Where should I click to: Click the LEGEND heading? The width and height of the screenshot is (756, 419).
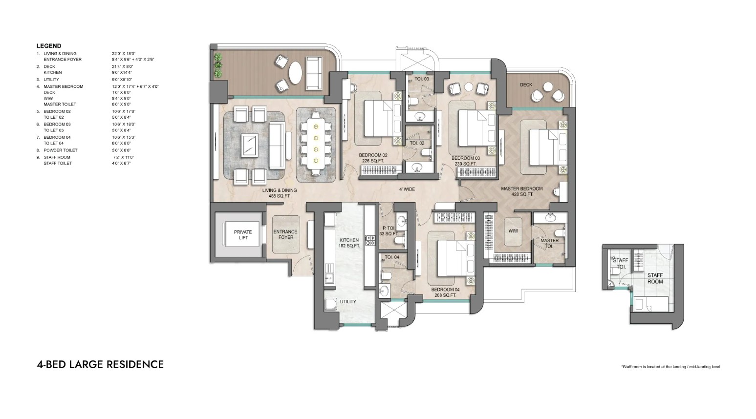click(49, 46)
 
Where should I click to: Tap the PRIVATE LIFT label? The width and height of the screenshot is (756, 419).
click(243, 235)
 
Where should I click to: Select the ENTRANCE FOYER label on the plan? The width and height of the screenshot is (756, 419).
click(286, 234)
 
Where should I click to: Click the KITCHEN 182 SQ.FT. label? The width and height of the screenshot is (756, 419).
click(349, 243)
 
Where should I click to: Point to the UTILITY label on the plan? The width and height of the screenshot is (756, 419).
click(348, 302)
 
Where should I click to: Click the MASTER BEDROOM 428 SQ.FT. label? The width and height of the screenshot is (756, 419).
click(521, 191)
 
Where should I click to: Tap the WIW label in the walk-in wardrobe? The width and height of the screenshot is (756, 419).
click(513, 231)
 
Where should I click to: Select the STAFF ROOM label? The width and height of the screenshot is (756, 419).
click(655, 278)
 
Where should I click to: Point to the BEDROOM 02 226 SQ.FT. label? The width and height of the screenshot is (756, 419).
click(373, 158)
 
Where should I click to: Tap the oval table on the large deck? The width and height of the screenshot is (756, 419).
click(296, 73)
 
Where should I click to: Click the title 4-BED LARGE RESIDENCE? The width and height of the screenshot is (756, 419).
click(100, 364)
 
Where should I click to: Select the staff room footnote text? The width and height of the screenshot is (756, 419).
click(670, 367)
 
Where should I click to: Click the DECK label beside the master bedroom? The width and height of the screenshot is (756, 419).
click(526, 84)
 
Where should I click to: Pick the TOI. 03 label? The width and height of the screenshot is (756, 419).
click(422, 79)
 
